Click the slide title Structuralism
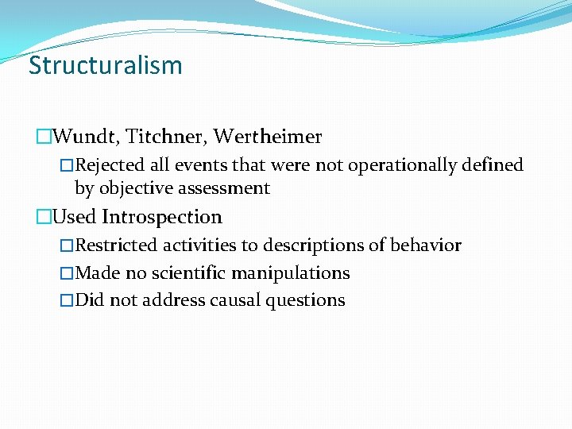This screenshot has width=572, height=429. [x=106, y=65]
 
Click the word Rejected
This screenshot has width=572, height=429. [x=109, y=165]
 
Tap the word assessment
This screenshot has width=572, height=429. [x=225, y=188]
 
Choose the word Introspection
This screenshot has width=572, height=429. [x=162, y=217]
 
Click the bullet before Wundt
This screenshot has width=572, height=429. [x=44, y=137]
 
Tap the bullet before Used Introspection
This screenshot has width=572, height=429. [x=44, y=217]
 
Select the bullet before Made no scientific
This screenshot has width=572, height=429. [x=68, y=273]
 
